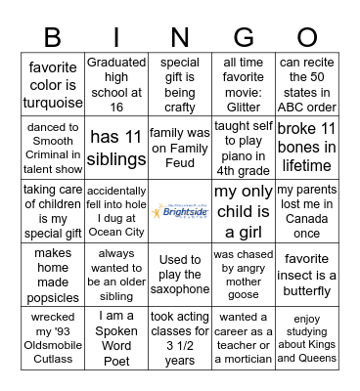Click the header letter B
pyautogui.click(x=53, y=38)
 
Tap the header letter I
pyautogui.click(x=116, y=38)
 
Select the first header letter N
pyautogui.click(x=180, y=38)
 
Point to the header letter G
pyautogui.click(x=244, y=38)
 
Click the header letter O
pyautogui.click(x=307, y=38)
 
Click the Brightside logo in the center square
pyautogui.click(x=180, y=212)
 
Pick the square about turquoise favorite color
pyautogui.click(x=53, y=85)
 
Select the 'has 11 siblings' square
pyautogui.click(x=116, y=148)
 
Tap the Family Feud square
pyautogui.click(x=180, y=148)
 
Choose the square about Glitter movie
pyautogui.click(x=244, y=85)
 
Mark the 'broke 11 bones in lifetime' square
pyautogui.click(x=307, y=148)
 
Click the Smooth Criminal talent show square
pyautogui.click(x=53, y=148)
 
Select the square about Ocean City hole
pyautogui.click(x=116, y=212)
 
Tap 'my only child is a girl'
pyautogui.click(x=244, y=212)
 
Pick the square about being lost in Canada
pyautogui.click(x=307, y=212)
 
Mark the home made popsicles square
pyautogui.click(x=53, y=275)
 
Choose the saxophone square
pyautogui.click(x=180, y=275)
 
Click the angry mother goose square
pyautogui.click(x=244, y=275)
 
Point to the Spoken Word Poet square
pyautogui.click(x=116, y=337)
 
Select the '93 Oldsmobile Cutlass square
pyautogui.click(x=53, y=337)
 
